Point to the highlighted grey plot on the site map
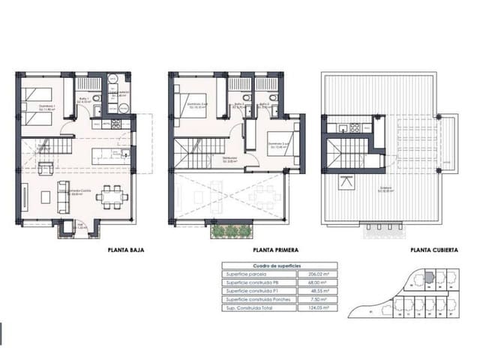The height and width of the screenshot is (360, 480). click(427, 277)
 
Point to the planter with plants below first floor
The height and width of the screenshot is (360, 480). click(231, 232)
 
